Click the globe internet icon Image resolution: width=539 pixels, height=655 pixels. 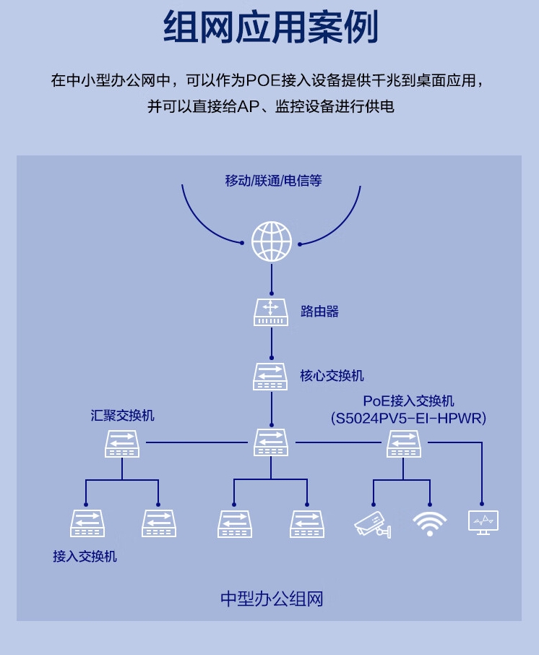pos(272,241)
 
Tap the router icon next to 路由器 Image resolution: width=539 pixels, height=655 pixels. pos(271,312)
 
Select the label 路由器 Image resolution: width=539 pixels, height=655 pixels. pos(319,312)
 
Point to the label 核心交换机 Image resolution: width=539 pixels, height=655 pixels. pos(332,376)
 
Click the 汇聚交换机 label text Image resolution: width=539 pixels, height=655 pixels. pos(122,416)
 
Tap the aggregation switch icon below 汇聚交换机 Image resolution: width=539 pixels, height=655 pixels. pos(122,443)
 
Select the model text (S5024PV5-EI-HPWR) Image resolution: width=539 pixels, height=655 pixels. pos(409,418)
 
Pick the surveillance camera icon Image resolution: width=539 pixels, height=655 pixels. pos(373,524)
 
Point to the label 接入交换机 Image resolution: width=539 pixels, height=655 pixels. pos(85,557)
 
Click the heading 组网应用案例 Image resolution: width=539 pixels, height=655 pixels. pos(270,29)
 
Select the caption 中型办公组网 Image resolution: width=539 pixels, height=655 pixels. pos(271,599)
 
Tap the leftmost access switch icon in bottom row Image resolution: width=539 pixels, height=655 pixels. pos(87,523)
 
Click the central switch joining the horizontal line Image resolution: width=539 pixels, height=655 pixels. pos(271,442)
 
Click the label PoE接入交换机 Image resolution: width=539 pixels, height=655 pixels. pos(409,401)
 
